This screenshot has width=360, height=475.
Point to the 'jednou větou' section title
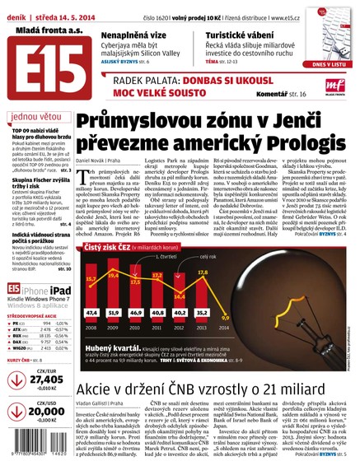pos(35,116)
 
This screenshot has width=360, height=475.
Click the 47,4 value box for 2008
pos(91,313)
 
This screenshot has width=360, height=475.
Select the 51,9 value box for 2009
pos(114,313)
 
